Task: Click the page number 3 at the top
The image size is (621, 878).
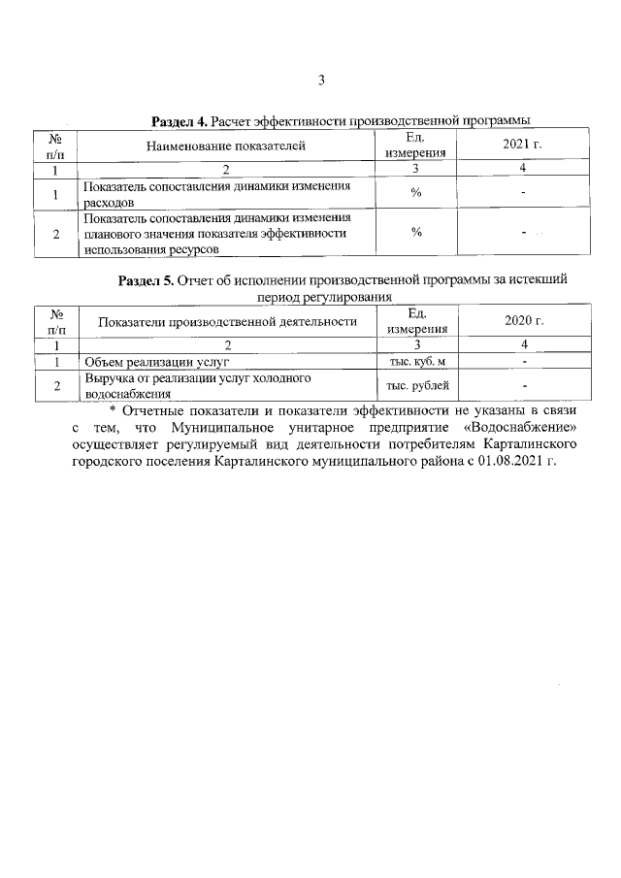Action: point(320,80)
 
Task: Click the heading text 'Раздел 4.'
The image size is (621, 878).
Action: point(180,121)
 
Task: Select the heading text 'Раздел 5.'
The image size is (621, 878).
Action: point(146,279)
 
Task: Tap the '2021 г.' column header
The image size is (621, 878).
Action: point(523,145)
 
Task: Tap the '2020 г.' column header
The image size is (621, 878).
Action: point(524,320)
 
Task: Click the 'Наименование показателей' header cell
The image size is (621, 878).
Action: point(226,146)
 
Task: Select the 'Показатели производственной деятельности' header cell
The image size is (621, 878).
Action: point(228,321)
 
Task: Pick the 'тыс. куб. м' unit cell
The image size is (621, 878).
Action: point(416,361)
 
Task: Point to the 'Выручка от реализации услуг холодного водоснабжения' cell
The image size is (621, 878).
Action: point(170,386)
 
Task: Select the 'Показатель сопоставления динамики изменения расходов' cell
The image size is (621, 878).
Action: point(216,194)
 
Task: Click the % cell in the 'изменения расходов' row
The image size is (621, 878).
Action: point(416,194)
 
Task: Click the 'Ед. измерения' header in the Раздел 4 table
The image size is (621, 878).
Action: point(416,145)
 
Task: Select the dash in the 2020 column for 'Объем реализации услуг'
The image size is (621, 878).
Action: point(524,361)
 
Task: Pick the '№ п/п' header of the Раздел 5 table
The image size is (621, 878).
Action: point(57,321)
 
